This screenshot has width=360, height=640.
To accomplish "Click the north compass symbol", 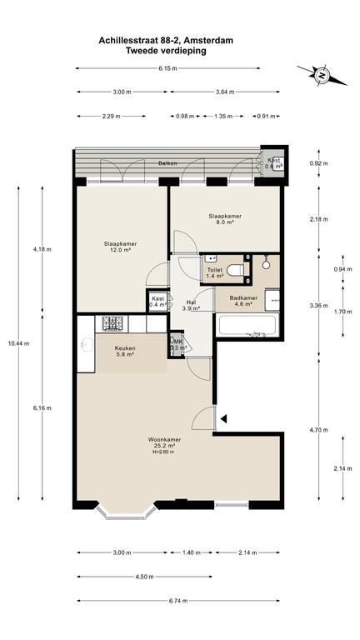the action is tap(322, 76).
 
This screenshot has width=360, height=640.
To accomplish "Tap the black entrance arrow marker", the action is tap(223, 418).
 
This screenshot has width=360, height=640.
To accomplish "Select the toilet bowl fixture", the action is tap(235, 269).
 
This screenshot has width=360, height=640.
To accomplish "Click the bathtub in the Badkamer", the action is tap(247, 325).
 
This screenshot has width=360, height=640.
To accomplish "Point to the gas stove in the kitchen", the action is tap(112, 323).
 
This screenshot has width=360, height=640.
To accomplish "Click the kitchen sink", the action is tap(87, 344).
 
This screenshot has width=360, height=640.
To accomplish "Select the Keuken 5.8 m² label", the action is tap(125, 352).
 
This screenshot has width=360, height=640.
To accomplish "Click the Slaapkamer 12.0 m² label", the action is tap(120, 247).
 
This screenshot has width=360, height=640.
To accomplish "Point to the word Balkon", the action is tap(168, 163).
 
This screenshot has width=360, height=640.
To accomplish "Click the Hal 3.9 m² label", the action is tap(192, 305).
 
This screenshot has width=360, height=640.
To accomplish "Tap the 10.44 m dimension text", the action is tap(18, 343).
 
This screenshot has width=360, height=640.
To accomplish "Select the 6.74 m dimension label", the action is tap(178, 600).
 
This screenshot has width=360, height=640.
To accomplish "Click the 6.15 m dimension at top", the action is tap(167, 68).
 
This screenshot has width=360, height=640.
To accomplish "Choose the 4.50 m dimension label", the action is tap(144, 577).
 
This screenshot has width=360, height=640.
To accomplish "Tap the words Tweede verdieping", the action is tap(166, 51).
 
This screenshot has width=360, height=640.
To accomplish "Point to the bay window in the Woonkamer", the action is tap(127, 512).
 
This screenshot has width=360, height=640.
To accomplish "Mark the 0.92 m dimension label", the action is tap(319, 163).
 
